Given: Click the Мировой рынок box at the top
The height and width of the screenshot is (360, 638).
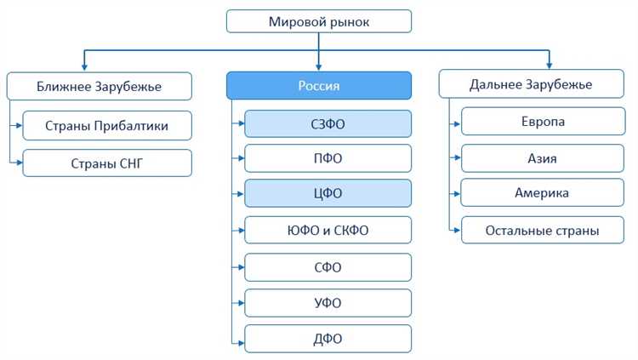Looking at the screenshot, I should coord(319,21).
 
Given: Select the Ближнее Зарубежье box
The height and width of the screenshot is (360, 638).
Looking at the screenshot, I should coord(99,85).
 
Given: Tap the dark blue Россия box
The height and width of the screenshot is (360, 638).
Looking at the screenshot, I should coord(319,85).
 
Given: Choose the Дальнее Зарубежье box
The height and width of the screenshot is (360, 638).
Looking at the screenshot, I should coord(530,85).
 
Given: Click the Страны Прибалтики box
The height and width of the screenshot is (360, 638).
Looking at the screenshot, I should coord(107,126).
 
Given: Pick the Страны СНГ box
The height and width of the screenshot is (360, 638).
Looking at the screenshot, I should coord(107,162).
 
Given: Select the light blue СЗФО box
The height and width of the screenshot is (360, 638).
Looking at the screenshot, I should coord(328,124).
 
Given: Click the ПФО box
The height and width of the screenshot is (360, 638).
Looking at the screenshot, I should coord(328,159).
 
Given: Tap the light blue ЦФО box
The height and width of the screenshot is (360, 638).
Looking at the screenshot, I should coord(328,194).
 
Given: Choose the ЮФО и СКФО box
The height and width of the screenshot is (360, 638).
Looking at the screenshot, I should coord(328,230).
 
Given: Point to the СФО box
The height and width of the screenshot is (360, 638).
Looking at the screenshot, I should coord(328,267).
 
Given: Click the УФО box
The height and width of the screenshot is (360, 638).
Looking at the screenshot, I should coord(328,303).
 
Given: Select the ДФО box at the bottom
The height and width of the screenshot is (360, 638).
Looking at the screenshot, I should coord(328,339).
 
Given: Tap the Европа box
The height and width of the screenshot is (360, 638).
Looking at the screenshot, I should coord(542,122).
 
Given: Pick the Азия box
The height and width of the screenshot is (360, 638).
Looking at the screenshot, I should coord(542,157).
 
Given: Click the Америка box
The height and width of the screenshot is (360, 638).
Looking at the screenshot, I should coord(542,193).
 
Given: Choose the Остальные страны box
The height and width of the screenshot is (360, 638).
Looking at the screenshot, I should coord(542,230).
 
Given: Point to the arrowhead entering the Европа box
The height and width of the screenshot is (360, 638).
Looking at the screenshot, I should coord(457,122).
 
